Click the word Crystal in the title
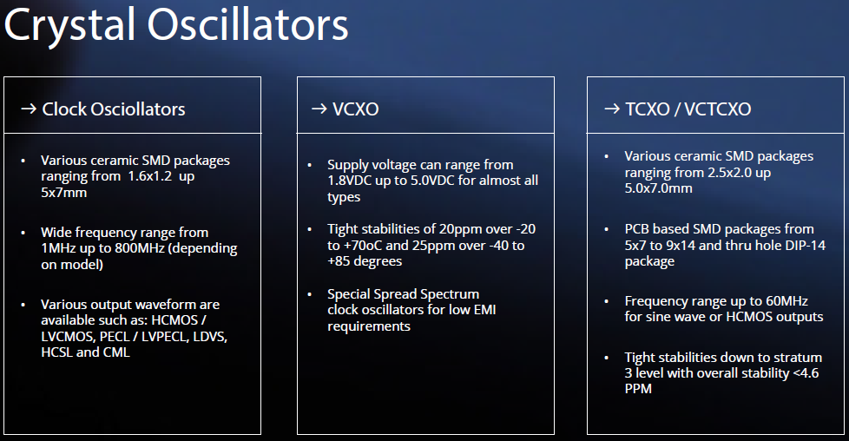pos(69,26)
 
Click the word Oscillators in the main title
pos(248,24)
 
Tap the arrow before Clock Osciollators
pos(29,109)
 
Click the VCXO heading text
pos(355,109)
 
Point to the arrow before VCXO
pos(319,109)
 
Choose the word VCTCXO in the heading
pos(717,109)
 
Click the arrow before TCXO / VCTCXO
pos(612,109)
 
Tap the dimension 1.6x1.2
pos(150,176)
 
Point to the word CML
pos(116,352)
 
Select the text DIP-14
pos(805,246)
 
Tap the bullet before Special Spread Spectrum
pos(309,294)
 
